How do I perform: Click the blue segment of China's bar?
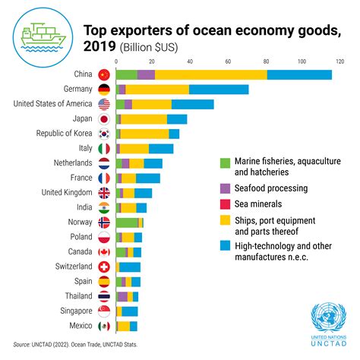point(299,74)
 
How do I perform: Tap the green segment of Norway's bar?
point(127,222)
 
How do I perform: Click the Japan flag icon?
point(104,118)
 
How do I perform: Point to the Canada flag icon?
point(104,251)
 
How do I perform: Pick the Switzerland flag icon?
point(104,267)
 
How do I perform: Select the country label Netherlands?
point(73,163)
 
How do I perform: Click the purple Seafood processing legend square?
point(224,187)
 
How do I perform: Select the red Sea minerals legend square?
point(224,204)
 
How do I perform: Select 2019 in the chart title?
point(99,46)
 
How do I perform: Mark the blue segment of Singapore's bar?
point(130,311)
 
